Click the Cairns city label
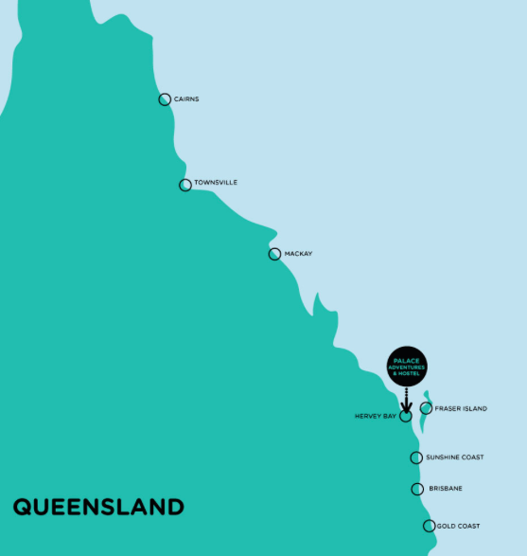186,99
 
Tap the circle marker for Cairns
165,99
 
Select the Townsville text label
216,183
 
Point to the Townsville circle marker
185,185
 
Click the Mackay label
298,254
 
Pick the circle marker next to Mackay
274,254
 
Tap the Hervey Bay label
375,416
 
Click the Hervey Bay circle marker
406,416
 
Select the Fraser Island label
461,408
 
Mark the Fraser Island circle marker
426,408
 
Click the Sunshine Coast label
454,457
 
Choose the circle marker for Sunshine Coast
416,457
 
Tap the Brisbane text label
446,489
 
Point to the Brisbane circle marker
417,489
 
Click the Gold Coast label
458,526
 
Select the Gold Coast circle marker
430,526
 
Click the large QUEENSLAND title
98,507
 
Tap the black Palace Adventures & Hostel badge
406,366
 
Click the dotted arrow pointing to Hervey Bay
406,399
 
